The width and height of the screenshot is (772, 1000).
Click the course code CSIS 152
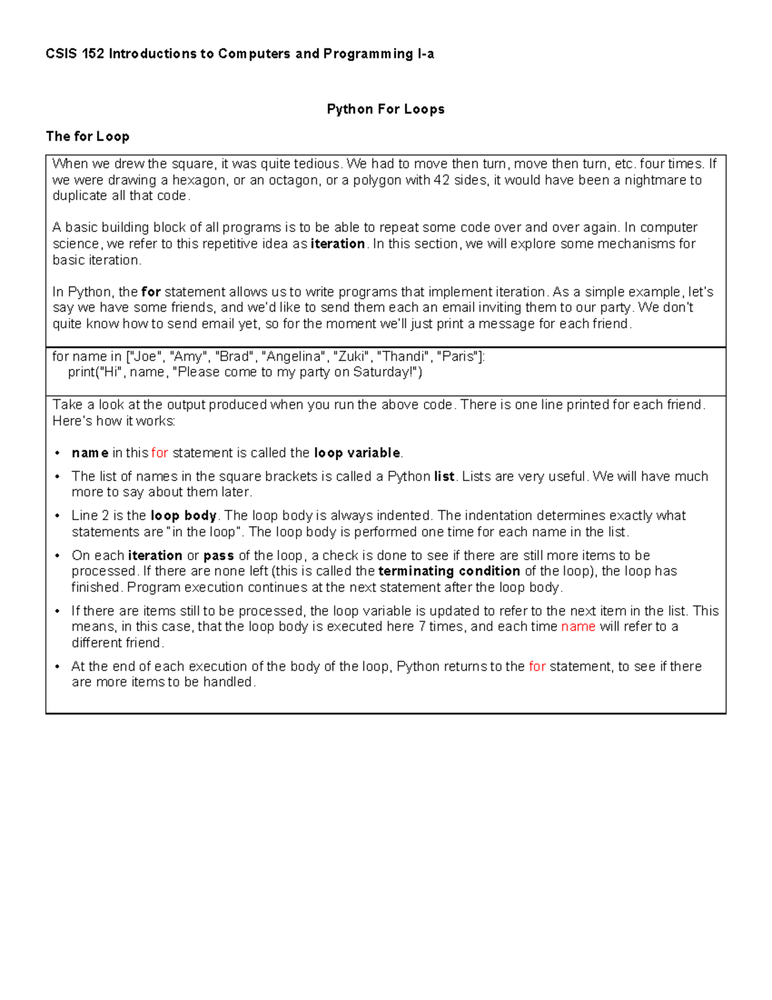[75, 54]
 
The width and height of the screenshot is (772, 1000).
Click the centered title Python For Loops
[385, 109]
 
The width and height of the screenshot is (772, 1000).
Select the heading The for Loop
[87, 137]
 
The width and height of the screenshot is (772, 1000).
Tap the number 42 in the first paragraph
[441, 180]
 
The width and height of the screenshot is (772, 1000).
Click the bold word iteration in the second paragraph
[338, 244]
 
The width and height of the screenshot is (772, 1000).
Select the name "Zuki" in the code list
[351, 357]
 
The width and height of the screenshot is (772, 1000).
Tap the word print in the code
[81, 372]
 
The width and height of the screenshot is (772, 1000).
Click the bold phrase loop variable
[357, 453]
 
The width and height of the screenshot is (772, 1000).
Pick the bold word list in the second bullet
[444, 476]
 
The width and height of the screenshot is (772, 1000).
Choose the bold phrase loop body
[183, 516]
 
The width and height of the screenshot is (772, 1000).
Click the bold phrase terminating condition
[449, 571]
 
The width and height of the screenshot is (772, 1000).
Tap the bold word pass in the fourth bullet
[218, 556]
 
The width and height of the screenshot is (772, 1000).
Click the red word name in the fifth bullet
[578, 627]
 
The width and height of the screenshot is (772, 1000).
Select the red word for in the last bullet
[537, 666]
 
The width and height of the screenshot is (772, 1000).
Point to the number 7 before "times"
[422, 627]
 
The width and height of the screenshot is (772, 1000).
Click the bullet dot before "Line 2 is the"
[57, 516]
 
